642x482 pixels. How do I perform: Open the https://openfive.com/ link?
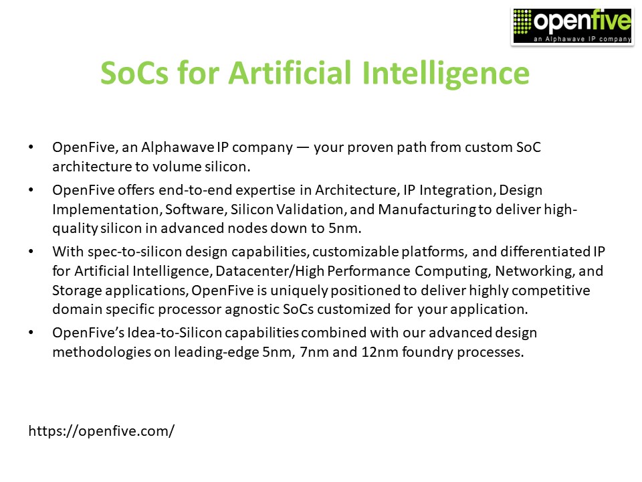101,430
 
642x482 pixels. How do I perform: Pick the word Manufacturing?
427,210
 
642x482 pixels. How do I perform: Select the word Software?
194,210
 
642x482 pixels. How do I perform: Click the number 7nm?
312,351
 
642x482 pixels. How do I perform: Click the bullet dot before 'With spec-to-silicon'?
31,253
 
